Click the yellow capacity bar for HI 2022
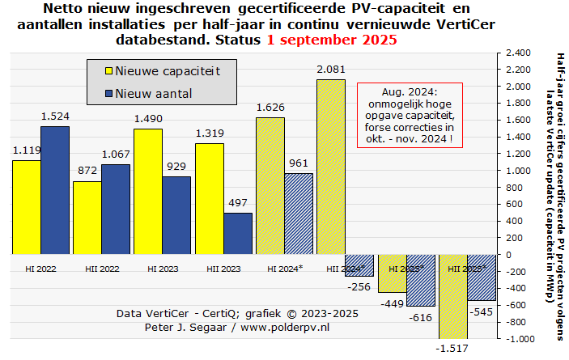coord(26,207)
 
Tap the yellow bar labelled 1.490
coord(148,191)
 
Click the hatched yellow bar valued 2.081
coord(330,167)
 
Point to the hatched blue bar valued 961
coord(299,214)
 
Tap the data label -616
coord(421,319)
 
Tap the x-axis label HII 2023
coord(223,268)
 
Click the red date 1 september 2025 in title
coord(332,39)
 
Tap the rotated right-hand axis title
coord(559,194)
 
